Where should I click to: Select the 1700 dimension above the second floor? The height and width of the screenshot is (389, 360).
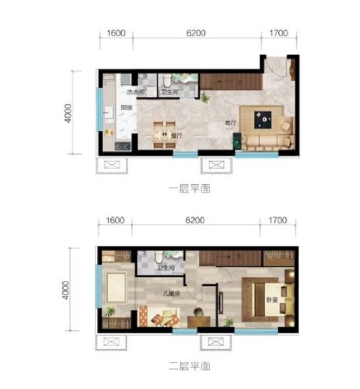click(x=276, y=220)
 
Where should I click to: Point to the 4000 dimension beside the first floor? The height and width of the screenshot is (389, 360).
click(x=67, y=112)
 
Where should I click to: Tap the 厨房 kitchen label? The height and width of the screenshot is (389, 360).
click(x=126, y=108)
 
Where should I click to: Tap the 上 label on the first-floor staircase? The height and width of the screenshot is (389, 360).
click(x=240, y=82)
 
